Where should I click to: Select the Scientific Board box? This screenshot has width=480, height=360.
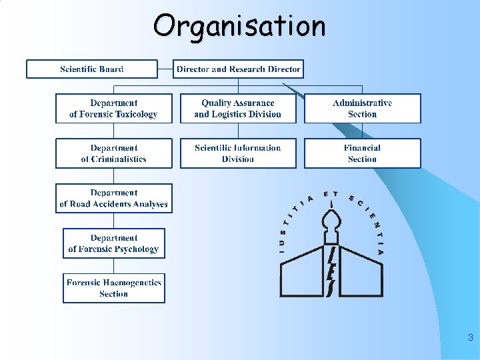tap(92, 69)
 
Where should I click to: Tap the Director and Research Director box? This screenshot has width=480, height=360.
tap(238, 69)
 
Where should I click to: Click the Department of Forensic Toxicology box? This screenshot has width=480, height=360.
tap(113, 109)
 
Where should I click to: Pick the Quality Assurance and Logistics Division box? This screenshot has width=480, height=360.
tap(238, 109)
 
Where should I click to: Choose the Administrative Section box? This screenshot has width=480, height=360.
tap(363, 109)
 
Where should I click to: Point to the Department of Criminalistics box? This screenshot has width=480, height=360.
tap(113, 153)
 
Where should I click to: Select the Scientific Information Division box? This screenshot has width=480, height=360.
tap(238, 153)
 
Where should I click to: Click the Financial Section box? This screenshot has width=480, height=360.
tap(363, 153)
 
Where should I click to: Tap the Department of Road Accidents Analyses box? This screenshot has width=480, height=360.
tap(113, 199)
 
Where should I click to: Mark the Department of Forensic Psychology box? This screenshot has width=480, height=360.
tap(113, 243)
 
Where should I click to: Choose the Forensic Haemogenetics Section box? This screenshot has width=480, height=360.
tap(113, 288)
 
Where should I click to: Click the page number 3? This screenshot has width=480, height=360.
tap(470, 338)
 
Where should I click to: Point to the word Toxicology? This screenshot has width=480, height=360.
tap(136, 115)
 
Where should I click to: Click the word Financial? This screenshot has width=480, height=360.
tap(363, 148)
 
